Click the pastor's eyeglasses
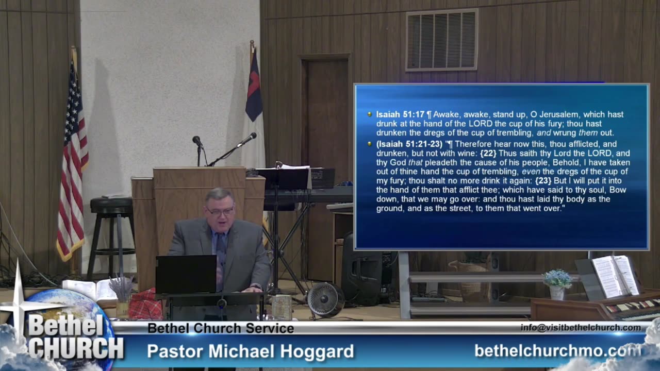pos(221,211)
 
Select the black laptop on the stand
pos(186,274)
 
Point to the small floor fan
pos(325,299)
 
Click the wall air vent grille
pos(441,40)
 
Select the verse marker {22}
pos(489,153)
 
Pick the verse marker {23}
pos(544,181)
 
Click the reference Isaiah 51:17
pos(400,114)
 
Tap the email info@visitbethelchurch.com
pos(581,328)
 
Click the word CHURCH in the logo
pos(76,348)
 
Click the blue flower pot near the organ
pos(556,292)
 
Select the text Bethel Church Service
pos(221,328)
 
